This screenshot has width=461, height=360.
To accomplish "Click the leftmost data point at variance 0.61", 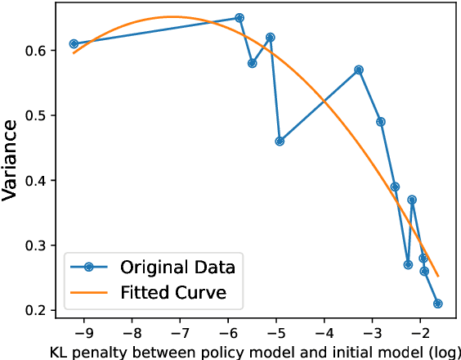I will (74, 43).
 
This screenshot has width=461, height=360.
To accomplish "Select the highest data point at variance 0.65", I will (239, 17).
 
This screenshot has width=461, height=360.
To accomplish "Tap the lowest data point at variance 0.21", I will (438, 304).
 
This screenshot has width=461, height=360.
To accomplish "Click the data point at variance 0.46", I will (280, 141).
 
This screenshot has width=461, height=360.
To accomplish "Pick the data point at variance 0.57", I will (359, 70).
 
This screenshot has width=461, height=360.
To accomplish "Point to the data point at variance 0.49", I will (381, 121).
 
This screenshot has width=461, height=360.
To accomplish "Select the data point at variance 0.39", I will (395, 187).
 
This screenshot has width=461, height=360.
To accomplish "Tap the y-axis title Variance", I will (11, 160).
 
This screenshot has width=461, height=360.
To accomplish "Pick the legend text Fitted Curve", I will (173, 291).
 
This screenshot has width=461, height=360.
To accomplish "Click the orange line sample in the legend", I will (91, 291).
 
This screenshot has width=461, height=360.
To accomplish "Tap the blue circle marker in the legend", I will (91, 267).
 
